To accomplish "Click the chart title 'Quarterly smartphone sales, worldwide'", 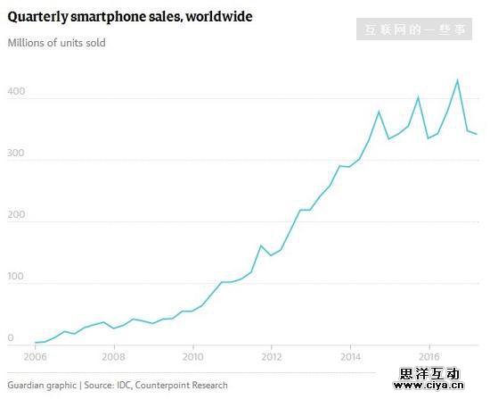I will click(129, 16).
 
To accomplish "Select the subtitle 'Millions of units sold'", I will click(56, 43).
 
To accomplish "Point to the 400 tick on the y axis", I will click(16, 92).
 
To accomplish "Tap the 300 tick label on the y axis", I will click(16, 154).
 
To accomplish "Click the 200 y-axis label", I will click(16, 215).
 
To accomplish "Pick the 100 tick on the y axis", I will click(16, 277).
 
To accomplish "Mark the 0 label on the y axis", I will click(11, 338).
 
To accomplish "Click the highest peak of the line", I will click(458, 80).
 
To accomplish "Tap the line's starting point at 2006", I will click(35, 343).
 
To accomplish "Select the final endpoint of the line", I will click(478, 134).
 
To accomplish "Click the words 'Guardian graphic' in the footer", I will click(41, 386).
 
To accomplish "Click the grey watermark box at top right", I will click(415, 29).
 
